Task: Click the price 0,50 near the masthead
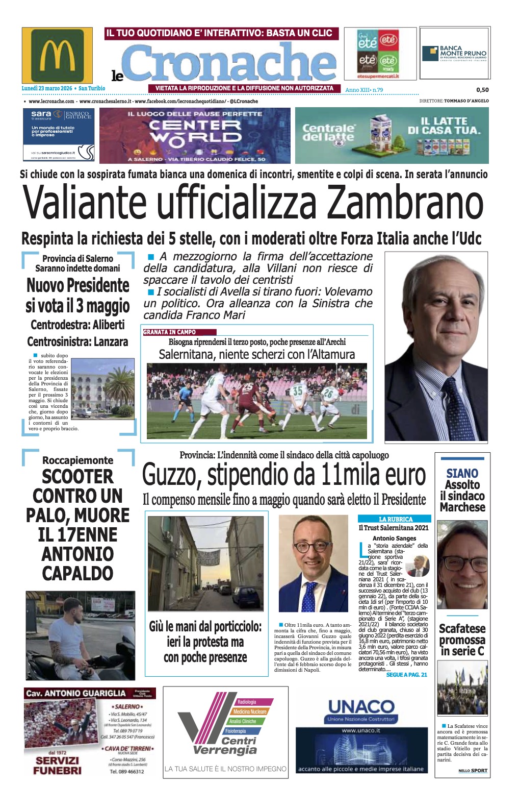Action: pyautogui.click(x=482, y=90)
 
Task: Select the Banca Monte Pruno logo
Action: pyautogui.click(x=454, y=53)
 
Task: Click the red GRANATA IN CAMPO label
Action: pyautogui.click(x=170, y=332)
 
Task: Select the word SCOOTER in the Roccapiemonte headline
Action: pyautogui.click(x=77, y=477)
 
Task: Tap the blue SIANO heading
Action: pyautogui.click(x=462, y=473)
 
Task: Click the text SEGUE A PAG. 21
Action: pyautogui.click(x=406, y=675)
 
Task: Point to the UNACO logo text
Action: pyautogui.click(x=361, y=707)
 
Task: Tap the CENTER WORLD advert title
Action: pyautogui.click(x=195, y=131)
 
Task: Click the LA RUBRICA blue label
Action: pyautogui.click(x=395, y=519)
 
